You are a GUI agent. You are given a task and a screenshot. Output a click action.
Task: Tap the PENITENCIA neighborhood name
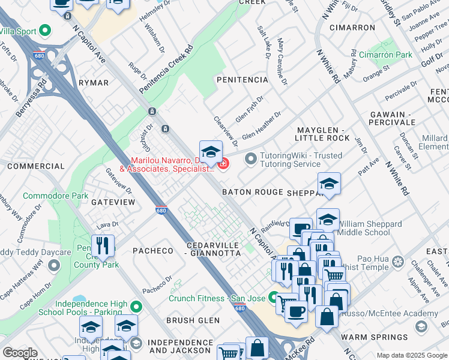point(242,80)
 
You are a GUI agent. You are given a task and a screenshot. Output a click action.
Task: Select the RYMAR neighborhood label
point(93,83)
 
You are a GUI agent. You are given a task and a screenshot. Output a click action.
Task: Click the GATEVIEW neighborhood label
point(113,203)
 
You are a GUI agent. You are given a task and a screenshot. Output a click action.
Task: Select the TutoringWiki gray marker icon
point(250,159)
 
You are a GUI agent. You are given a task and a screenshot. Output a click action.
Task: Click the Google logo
point(20,353)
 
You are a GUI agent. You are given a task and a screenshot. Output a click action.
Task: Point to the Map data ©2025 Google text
point(411,355)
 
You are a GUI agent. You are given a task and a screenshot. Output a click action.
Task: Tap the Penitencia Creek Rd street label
point(166,69)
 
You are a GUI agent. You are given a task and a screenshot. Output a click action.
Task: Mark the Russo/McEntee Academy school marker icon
point(421,326)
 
